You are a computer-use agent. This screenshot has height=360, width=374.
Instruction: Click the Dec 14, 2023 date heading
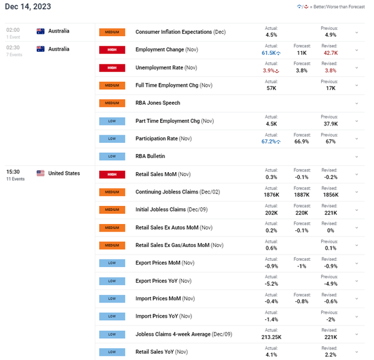[29, 7]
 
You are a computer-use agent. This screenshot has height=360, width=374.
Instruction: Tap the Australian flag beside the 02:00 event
[41, 31]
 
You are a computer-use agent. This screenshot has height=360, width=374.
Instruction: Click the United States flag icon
[41, 173]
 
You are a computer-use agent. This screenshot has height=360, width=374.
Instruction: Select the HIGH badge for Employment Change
[112, 49]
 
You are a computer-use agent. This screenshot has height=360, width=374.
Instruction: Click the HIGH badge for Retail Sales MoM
[112, 174]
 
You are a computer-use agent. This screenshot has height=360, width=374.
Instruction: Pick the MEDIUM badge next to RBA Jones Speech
[112, 103]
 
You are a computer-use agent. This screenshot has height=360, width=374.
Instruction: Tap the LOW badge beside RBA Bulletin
[112, 156]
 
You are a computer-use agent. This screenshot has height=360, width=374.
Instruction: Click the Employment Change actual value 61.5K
[269, 54]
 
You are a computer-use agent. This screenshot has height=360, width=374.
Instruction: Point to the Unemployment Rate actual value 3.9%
[269, 71]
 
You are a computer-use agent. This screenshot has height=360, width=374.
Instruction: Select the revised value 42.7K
[330, 54]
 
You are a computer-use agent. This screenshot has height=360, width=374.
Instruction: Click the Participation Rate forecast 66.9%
[302, 142]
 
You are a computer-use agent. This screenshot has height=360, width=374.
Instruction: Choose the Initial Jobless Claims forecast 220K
[302, 213]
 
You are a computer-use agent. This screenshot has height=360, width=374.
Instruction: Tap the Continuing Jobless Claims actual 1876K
[272, 195]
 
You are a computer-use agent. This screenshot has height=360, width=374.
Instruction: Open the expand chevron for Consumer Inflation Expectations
[357, 32]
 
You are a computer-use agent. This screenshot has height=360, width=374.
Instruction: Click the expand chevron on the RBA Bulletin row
[357, 156]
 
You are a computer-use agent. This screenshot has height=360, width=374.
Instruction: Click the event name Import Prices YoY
[161, 317]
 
